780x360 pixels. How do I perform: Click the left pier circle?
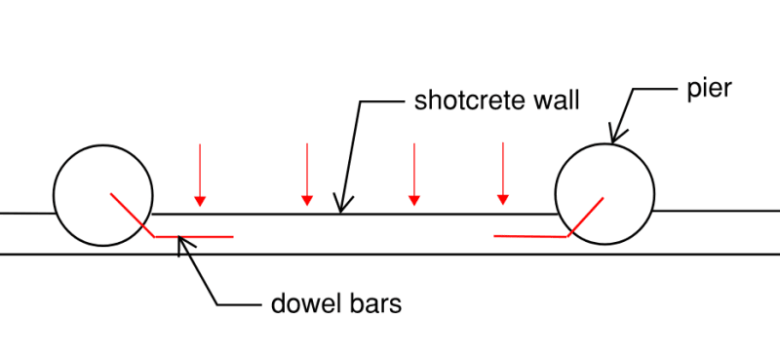102,196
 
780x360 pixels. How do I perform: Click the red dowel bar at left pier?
195,236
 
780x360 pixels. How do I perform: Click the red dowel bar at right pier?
531,236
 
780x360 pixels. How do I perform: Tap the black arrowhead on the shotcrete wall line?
340,205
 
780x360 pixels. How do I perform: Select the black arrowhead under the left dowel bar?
182,244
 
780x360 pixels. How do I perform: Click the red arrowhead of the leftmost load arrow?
200,200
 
